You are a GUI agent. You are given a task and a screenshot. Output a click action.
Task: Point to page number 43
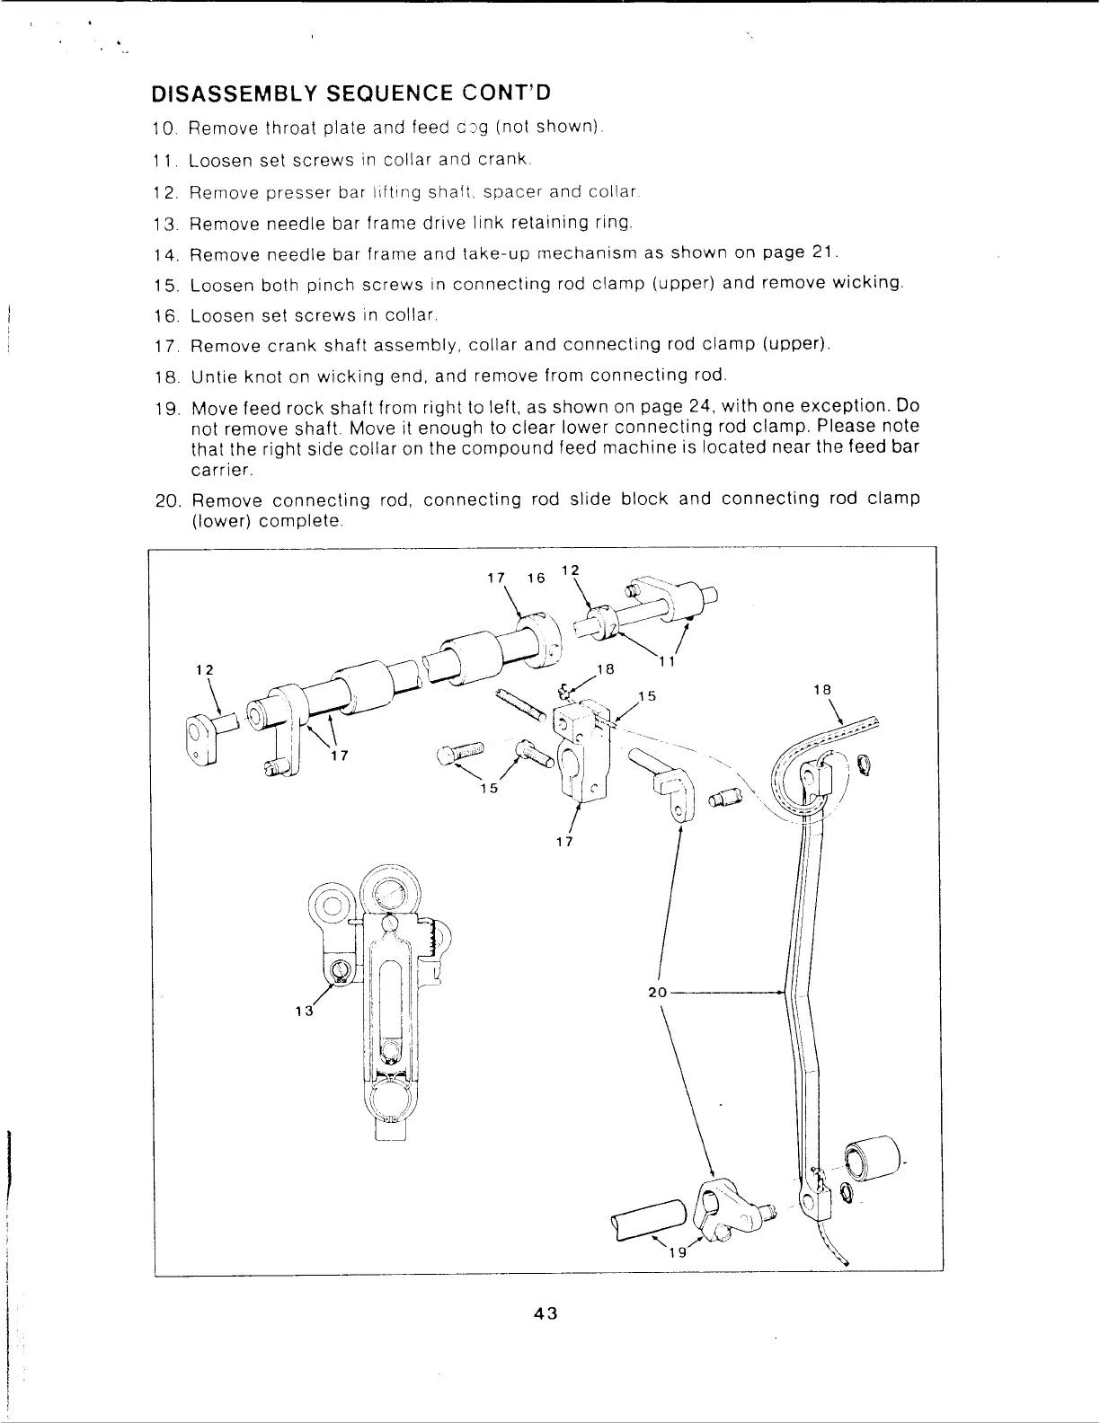pyautogui.click(x=546, y=1313)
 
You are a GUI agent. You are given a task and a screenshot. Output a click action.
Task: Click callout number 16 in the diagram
pyautogui.click(x=537, y=578)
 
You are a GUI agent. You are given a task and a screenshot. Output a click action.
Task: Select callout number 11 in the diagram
pyautogui.click(x=666, y=662)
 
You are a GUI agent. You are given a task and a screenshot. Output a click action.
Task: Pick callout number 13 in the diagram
pyautogui.click(x=304, y=1010)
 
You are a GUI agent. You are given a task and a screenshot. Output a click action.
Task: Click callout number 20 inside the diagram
pyautogui.click(x=657, y=993)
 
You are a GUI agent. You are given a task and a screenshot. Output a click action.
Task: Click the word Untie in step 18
pyautogui.click(x=211, y=376)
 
